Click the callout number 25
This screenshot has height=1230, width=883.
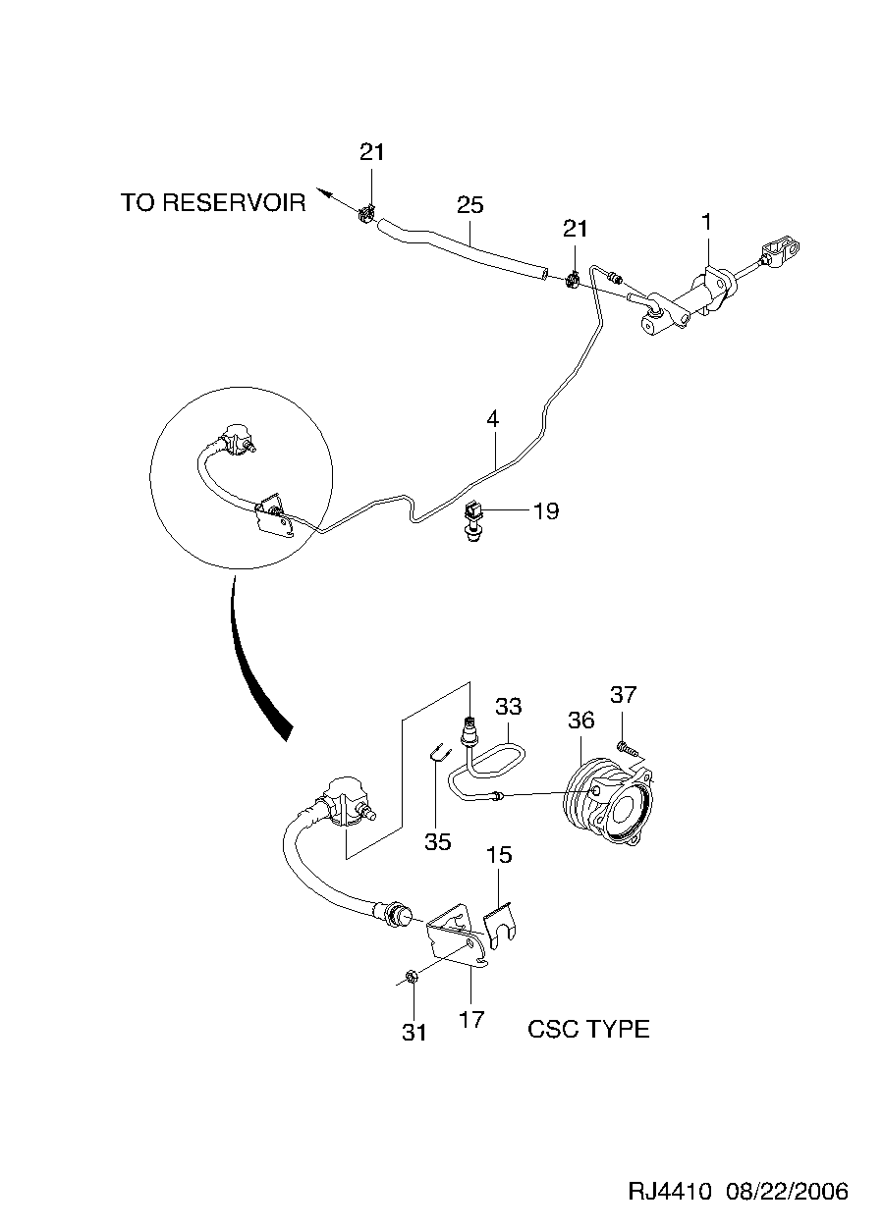(470, 205)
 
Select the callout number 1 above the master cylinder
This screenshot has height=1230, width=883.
(705, 224)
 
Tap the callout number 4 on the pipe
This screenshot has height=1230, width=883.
(492, 418)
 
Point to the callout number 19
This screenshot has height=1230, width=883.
(545, 510)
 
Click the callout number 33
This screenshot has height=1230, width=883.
(508, 706)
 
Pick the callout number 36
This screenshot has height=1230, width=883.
(580, 720)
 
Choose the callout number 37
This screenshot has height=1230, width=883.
(624, 695)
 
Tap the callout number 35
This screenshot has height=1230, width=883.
(437, 841)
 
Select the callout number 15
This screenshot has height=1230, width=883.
(499, 855)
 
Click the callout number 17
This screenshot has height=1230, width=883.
(472, 1020)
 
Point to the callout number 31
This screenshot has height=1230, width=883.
(414, 1032)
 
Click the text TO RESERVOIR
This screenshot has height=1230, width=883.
(213, 203)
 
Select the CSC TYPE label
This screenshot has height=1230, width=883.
(588, 1029)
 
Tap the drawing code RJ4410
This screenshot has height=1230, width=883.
(670, 1192)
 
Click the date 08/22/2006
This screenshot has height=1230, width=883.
(786, 1192)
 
